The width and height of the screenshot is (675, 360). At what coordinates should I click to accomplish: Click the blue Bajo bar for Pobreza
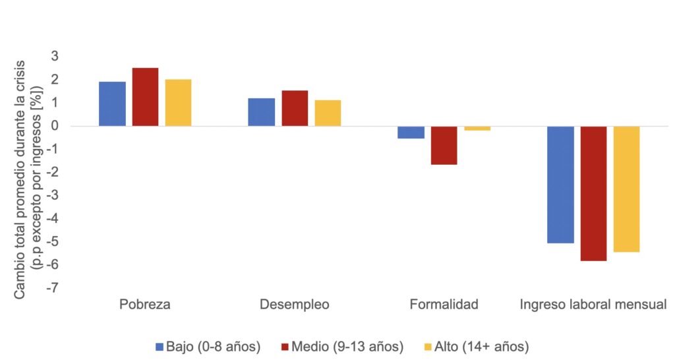(x=112, y=104)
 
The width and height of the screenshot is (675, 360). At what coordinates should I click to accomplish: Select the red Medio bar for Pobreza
(x=145, y=97)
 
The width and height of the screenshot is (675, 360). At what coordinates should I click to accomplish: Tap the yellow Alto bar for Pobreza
(x=178, y=102)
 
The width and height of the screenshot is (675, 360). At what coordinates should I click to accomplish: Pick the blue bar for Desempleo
(x=261, y=112)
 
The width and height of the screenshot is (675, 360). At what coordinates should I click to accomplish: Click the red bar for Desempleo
(x=295, y=108)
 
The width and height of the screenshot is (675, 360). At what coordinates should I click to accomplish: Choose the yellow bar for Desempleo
(x=328, y=113)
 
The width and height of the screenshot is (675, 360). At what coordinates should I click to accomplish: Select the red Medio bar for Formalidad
(x=444, y=145)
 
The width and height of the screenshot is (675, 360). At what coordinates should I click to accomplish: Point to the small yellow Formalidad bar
(x=477, y=129)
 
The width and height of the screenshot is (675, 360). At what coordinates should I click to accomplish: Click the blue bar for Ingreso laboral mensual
(x=560, y=184)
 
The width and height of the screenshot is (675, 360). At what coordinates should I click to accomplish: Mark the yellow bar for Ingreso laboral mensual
(x=626, y=189)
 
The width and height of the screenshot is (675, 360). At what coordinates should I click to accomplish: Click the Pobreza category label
(x=145, y=305)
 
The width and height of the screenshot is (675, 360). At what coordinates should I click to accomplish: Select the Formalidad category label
(x=444, y=305)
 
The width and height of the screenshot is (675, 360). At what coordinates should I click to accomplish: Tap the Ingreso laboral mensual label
(x=593, y=305)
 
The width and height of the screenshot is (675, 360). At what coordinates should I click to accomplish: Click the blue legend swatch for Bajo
(x=159, y=346)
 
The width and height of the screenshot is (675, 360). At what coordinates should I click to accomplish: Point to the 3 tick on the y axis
(x=55, y=57)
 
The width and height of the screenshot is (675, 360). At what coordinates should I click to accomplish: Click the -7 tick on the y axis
(x=53, y=288)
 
